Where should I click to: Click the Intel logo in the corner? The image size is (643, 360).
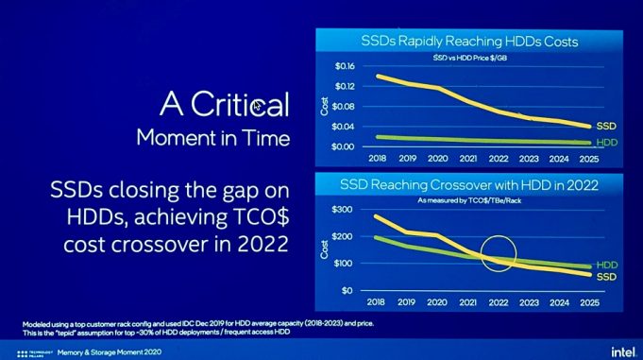click(620, 350)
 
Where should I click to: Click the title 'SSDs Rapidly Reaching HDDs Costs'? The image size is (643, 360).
click(469, 42)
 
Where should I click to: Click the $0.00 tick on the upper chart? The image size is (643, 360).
click(342, 146)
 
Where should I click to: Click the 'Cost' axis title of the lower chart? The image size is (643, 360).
click(325, 249)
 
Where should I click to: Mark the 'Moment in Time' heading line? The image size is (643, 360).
click(212, 138)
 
